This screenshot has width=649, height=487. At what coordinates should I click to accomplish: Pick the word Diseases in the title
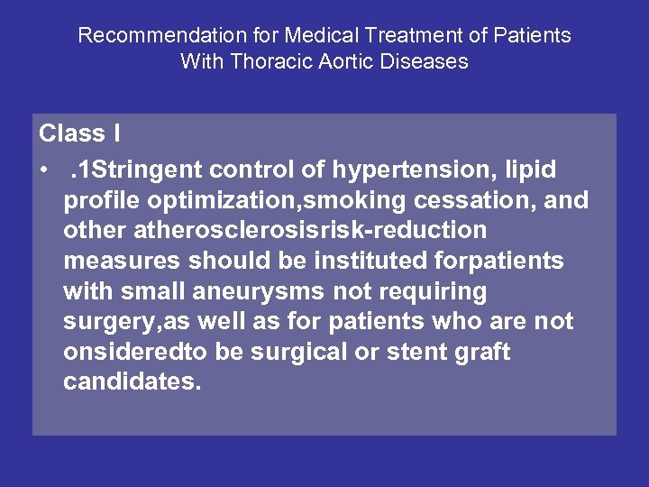coord(423,61)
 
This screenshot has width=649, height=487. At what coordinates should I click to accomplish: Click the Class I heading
coord(79,133)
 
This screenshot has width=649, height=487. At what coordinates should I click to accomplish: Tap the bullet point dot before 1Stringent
coord(43,170)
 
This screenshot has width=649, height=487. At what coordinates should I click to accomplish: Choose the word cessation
coord(470,199)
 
